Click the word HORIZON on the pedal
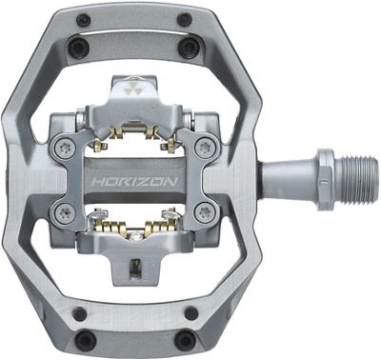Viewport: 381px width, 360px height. tap(135, 182)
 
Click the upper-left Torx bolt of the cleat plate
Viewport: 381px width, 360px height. tap(63, 147)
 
